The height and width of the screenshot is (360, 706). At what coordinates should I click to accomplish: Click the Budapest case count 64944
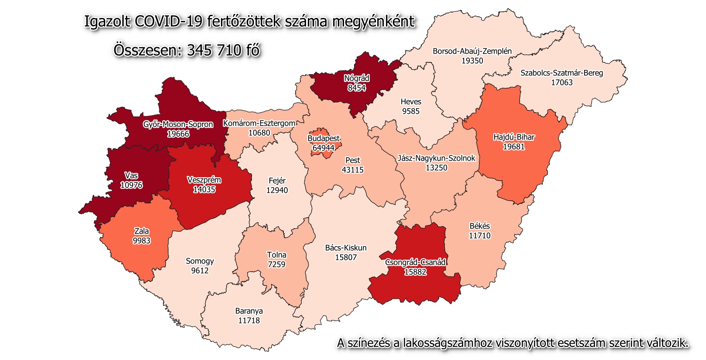324,148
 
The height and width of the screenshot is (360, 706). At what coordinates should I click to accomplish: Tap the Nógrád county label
357,79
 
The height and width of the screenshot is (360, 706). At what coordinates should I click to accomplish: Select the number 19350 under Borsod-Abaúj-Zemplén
472,61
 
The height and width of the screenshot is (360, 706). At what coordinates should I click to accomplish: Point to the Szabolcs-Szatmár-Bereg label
561,73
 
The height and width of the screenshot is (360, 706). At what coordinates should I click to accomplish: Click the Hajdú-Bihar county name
514,137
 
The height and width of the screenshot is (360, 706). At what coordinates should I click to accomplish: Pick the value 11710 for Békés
480,236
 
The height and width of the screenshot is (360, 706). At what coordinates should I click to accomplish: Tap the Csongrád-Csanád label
415,262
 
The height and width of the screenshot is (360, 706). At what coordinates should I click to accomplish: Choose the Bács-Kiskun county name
346,248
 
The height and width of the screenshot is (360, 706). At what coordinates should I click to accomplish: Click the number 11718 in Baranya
249,320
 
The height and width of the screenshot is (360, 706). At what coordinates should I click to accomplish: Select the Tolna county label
277,255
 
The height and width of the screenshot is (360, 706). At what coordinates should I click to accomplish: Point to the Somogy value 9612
200,271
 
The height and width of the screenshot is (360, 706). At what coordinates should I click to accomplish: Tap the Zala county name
141,231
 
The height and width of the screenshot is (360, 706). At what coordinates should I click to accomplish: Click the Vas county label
131,175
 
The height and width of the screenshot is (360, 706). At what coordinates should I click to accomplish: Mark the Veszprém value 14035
204,189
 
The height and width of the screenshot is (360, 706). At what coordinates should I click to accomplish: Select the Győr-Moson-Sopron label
178,124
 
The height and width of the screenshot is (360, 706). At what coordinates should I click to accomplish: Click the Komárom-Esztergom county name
259,123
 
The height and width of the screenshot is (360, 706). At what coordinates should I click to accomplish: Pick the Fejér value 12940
277,190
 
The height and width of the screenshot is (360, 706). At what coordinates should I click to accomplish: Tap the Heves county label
411,102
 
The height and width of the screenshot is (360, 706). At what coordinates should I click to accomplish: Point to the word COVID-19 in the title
169,21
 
